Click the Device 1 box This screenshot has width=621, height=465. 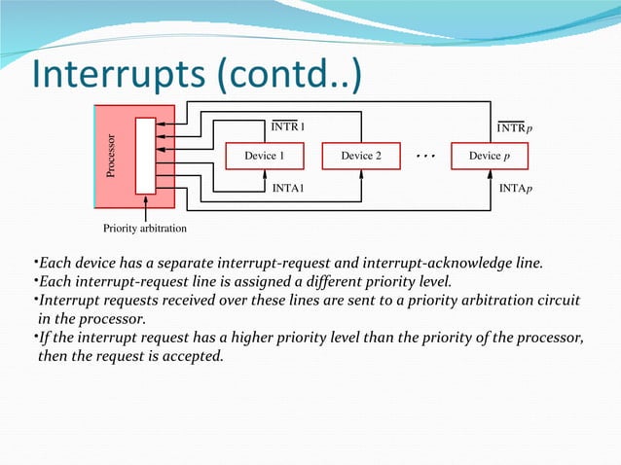pos(264,156)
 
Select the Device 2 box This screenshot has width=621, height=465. pos(361,156)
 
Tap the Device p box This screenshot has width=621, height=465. pos(489,156)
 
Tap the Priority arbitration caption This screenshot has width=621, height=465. pos(145,230)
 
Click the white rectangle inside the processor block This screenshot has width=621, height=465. pos(145,156)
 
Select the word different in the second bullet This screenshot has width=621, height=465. pos(372,282)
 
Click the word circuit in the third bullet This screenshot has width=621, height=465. pos(557,301)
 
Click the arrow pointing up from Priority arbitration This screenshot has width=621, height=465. pos(145,206)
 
